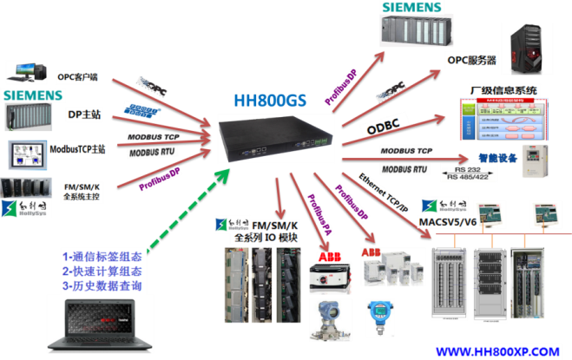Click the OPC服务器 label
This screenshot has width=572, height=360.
click(x=471, y=61)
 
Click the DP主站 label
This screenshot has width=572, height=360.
click(x=84, y=113)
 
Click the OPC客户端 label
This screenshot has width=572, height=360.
click(x=77, y=76)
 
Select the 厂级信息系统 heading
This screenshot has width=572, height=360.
click(x=503, y=90)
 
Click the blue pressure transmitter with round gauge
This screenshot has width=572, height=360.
click(x=378, y=314)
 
